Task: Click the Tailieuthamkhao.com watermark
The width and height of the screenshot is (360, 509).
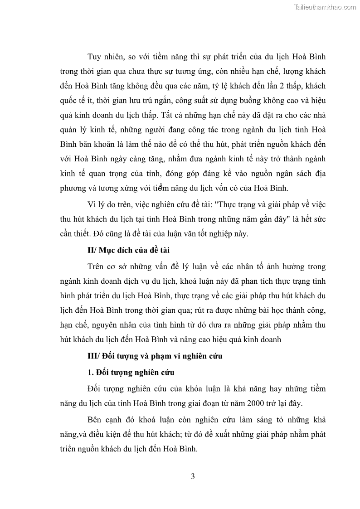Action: (325, 7)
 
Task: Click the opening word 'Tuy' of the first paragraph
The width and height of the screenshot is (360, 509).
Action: (95, 57)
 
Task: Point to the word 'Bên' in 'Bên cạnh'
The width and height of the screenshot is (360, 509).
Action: (95, 420)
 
